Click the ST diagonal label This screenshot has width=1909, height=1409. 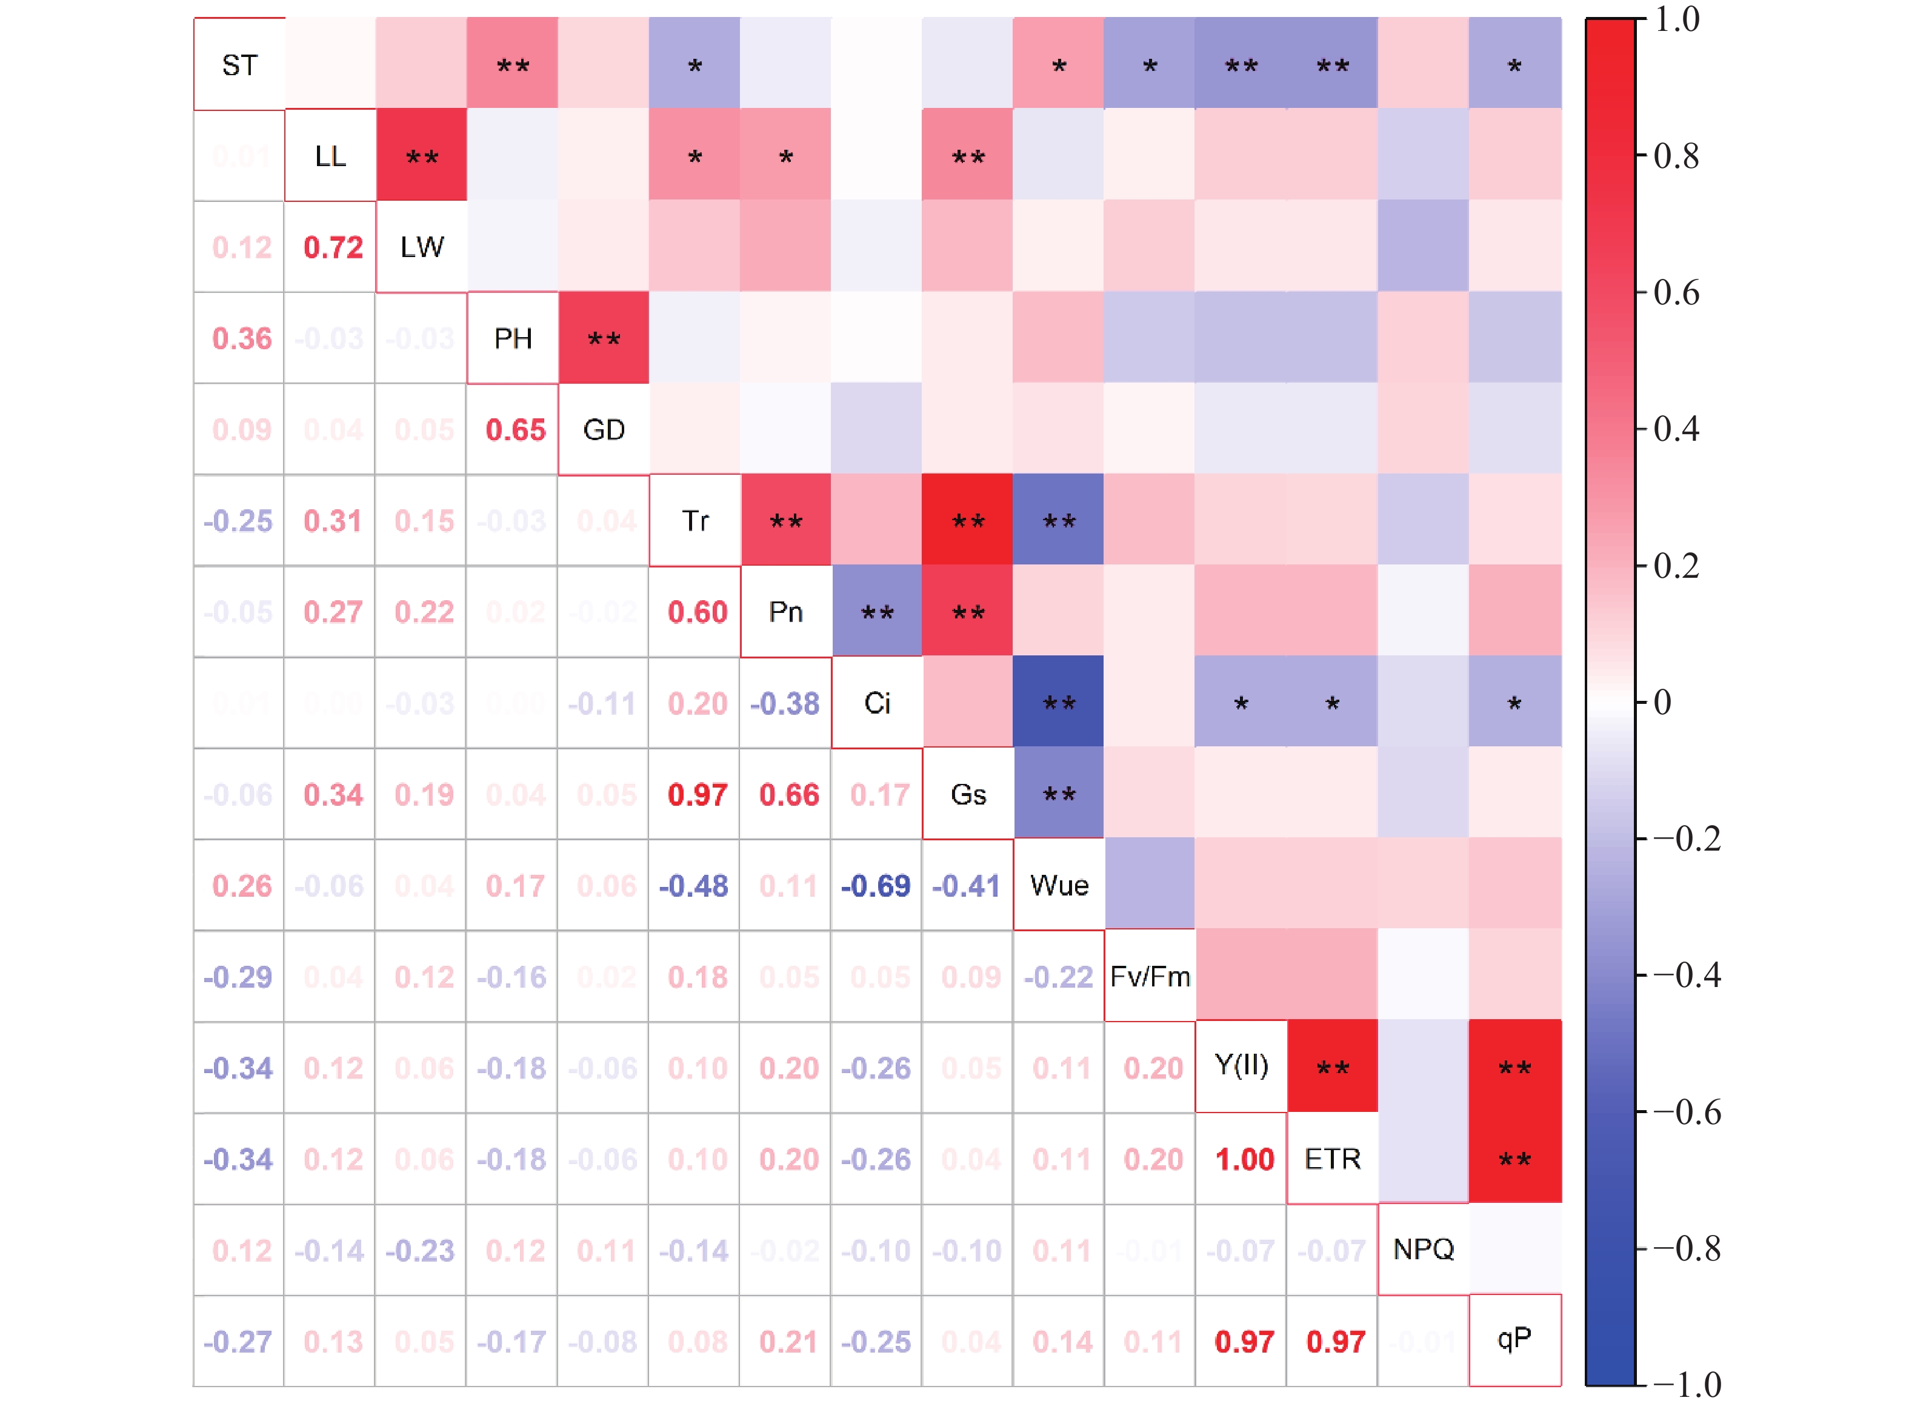[239, 65]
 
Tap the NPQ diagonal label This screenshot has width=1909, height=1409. [1422, 1249]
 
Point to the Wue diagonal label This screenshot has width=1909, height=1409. [1058, 885]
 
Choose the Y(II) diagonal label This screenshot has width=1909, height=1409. [1241, 1065]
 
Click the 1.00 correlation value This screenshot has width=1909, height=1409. [1244, 1159]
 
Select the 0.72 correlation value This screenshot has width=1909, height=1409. [333, 247]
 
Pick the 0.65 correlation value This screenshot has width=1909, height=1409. [515, 430]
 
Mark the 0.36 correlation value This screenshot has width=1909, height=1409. [241, 338]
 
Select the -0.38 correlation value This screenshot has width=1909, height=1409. [784, 704]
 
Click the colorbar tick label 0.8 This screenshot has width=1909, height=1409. [1676, 155]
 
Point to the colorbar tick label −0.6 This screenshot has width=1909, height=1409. [1687, 1112]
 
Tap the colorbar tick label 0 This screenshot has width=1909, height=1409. [1662, 702]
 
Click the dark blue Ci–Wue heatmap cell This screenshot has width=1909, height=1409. [1058, 702]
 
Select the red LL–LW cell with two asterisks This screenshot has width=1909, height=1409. [421, 155]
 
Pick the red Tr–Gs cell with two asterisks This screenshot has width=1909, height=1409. [968, 520]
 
